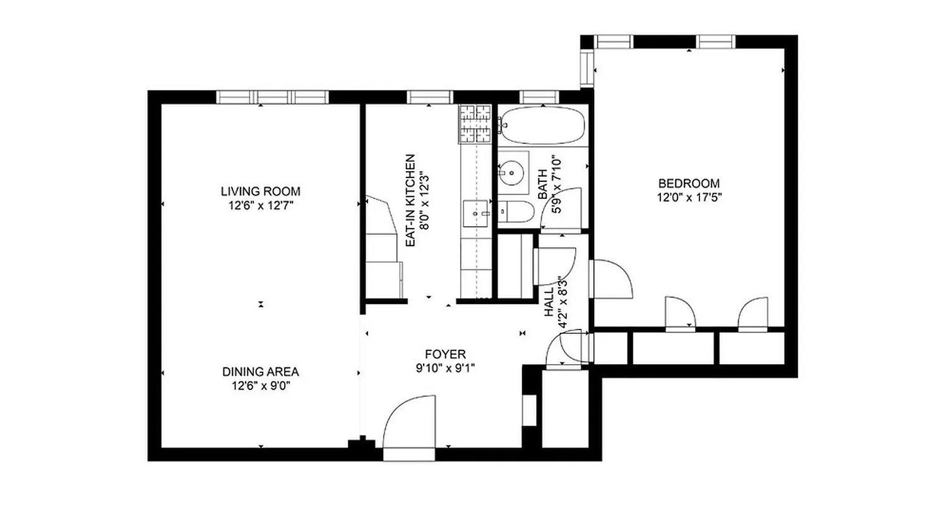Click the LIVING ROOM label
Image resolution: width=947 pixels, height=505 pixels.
tap(260, 191)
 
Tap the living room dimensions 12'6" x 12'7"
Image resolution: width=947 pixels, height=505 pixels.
tap(260, 205)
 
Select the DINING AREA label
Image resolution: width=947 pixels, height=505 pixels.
tap(260, 372)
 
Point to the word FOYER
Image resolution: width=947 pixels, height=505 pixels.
tap(445, 354)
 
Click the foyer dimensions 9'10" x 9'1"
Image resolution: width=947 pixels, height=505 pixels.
tap(445, 368)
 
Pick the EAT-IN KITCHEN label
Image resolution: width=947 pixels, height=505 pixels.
tap(410, 201)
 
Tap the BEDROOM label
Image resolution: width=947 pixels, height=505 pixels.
tap(689, 183)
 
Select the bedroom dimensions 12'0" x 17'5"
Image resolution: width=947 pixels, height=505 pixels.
tap(689, 197)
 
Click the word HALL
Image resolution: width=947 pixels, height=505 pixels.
tap(548, 302)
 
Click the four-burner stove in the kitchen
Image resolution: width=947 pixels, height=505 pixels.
tap(475, 123)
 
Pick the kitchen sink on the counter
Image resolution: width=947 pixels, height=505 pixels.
tap(475, 213)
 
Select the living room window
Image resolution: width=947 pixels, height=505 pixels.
tap(273, 97)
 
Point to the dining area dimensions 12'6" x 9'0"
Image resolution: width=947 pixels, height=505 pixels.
tap(260, 386)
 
